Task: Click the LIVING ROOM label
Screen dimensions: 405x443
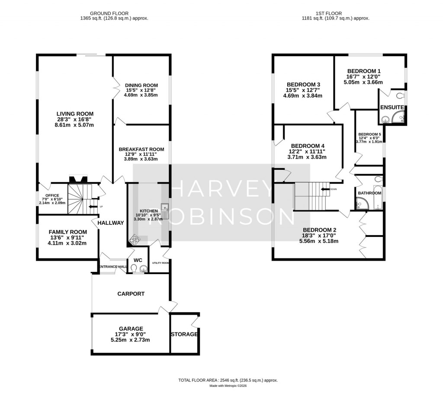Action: [x=72, y=114]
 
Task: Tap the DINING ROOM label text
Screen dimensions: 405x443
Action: [x=141, y=85]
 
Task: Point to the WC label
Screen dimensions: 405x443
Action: [x=138, y=260]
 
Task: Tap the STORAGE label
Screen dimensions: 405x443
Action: [x=184, y=334]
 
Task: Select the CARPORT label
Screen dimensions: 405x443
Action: [x=131, y=293]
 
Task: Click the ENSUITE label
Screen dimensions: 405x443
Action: [x=392, y=107]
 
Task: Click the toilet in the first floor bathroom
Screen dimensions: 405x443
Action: [x=378, y=179]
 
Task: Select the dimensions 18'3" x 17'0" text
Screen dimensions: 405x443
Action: [x=320, y=236]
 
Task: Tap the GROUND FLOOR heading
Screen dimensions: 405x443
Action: [x=104, y=13]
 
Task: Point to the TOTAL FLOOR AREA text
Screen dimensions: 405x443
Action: [x=228, y=380]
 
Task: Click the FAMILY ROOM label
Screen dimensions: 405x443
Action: [x=67, y=232]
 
